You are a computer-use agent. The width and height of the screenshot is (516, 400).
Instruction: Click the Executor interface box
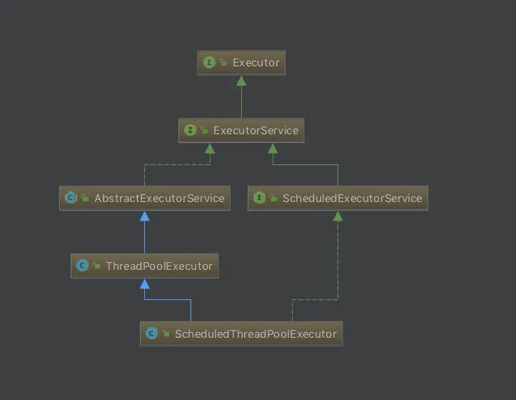pyautogui.click(x=241, y=63)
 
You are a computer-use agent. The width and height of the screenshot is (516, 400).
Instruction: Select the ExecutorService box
pyautogui.click(x=241, y=130)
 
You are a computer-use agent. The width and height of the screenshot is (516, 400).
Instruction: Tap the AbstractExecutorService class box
pyautogui.click(x=145, y=198)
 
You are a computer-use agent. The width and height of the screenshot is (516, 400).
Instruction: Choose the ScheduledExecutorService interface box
pyautogui.click(x=338, y=198)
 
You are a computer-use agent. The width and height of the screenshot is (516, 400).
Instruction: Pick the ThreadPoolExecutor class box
pyautogui.click(x=145, y=266)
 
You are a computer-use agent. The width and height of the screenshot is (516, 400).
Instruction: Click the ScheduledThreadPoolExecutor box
pyautogui.click(x=241, y=334)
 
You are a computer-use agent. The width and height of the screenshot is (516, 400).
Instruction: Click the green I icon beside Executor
pyautogui.click(x=209, y=63)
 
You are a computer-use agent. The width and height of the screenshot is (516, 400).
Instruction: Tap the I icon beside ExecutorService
pyautogui.click(x=190, y=130)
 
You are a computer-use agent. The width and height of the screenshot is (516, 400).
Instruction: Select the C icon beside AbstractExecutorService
pyautogui.click(x=71, y=198)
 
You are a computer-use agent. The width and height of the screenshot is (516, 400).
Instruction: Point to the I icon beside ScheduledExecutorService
pyautogui.click(x=259, y=198)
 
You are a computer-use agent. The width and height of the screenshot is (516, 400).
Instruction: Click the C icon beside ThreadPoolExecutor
pyautogui.click(x=82, y=266)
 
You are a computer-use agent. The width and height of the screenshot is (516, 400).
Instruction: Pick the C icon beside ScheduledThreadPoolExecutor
pyautogui.click(x=151, y=334)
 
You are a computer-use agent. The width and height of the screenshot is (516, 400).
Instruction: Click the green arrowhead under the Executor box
pyautogui.click(x=241, y=80)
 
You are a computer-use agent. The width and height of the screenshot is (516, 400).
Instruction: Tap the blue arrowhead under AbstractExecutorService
pyautogui.click(x=145, y=216)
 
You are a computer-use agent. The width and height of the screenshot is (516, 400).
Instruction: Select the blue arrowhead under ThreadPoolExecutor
pyautogui.click(x=145, y=284)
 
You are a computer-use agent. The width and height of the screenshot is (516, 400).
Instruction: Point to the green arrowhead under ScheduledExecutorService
pyautogui.click(x=338, y=216)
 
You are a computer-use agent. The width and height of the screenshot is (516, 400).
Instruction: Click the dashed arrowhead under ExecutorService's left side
pyautogui.click(x=209, y=148)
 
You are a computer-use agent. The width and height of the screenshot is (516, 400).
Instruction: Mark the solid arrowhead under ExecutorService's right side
pyautogui.click(x=273, y=148)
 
